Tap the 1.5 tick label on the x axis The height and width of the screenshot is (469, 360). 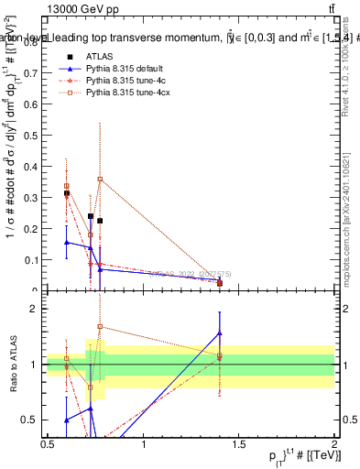tap(240, 444)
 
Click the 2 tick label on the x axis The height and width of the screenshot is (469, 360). tap(335, 444)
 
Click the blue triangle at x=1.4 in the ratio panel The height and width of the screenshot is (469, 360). tap(220, 333)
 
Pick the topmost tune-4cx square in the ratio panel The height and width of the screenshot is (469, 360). tap(100, 326)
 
